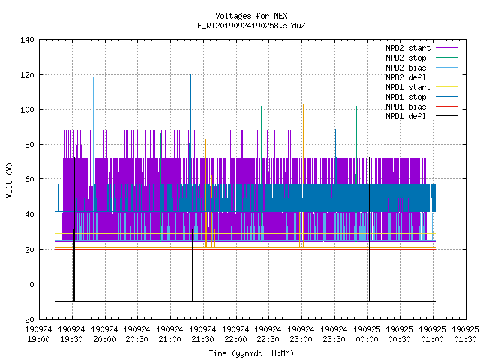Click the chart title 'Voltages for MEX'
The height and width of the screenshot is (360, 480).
tap(251, 16)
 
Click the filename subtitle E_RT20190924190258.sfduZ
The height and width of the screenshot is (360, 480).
tap(251, 25)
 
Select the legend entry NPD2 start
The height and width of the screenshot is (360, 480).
tap(408, 48)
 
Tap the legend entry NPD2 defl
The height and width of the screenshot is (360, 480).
tap(406, 77)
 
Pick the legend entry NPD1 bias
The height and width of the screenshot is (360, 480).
tap(406, 106)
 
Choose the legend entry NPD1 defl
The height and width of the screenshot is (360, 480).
tap(406, 116)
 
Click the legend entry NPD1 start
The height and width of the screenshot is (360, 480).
tap(408, 87)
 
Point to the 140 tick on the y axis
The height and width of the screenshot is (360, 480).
tap(27, 40)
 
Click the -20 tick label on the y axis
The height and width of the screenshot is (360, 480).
tap(27, 319)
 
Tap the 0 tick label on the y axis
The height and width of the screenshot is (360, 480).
tap(31, 284)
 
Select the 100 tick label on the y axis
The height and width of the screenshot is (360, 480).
tap(27, 109)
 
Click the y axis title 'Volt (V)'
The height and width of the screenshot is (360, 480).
tap(9, 180)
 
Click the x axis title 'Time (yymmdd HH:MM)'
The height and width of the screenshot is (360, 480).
tap(251, 353)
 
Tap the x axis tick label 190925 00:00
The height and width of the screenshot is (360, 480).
tap(367, 334)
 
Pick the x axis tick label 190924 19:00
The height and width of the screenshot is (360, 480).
tap(38, 334)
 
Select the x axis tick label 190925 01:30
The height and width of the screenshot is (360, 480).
tap(465, 334)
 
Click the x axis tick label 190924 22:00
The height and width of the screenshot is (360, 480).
tap(235, 334)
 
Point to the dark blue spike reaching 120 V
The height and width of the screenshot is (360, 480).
tap(190, 128)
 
